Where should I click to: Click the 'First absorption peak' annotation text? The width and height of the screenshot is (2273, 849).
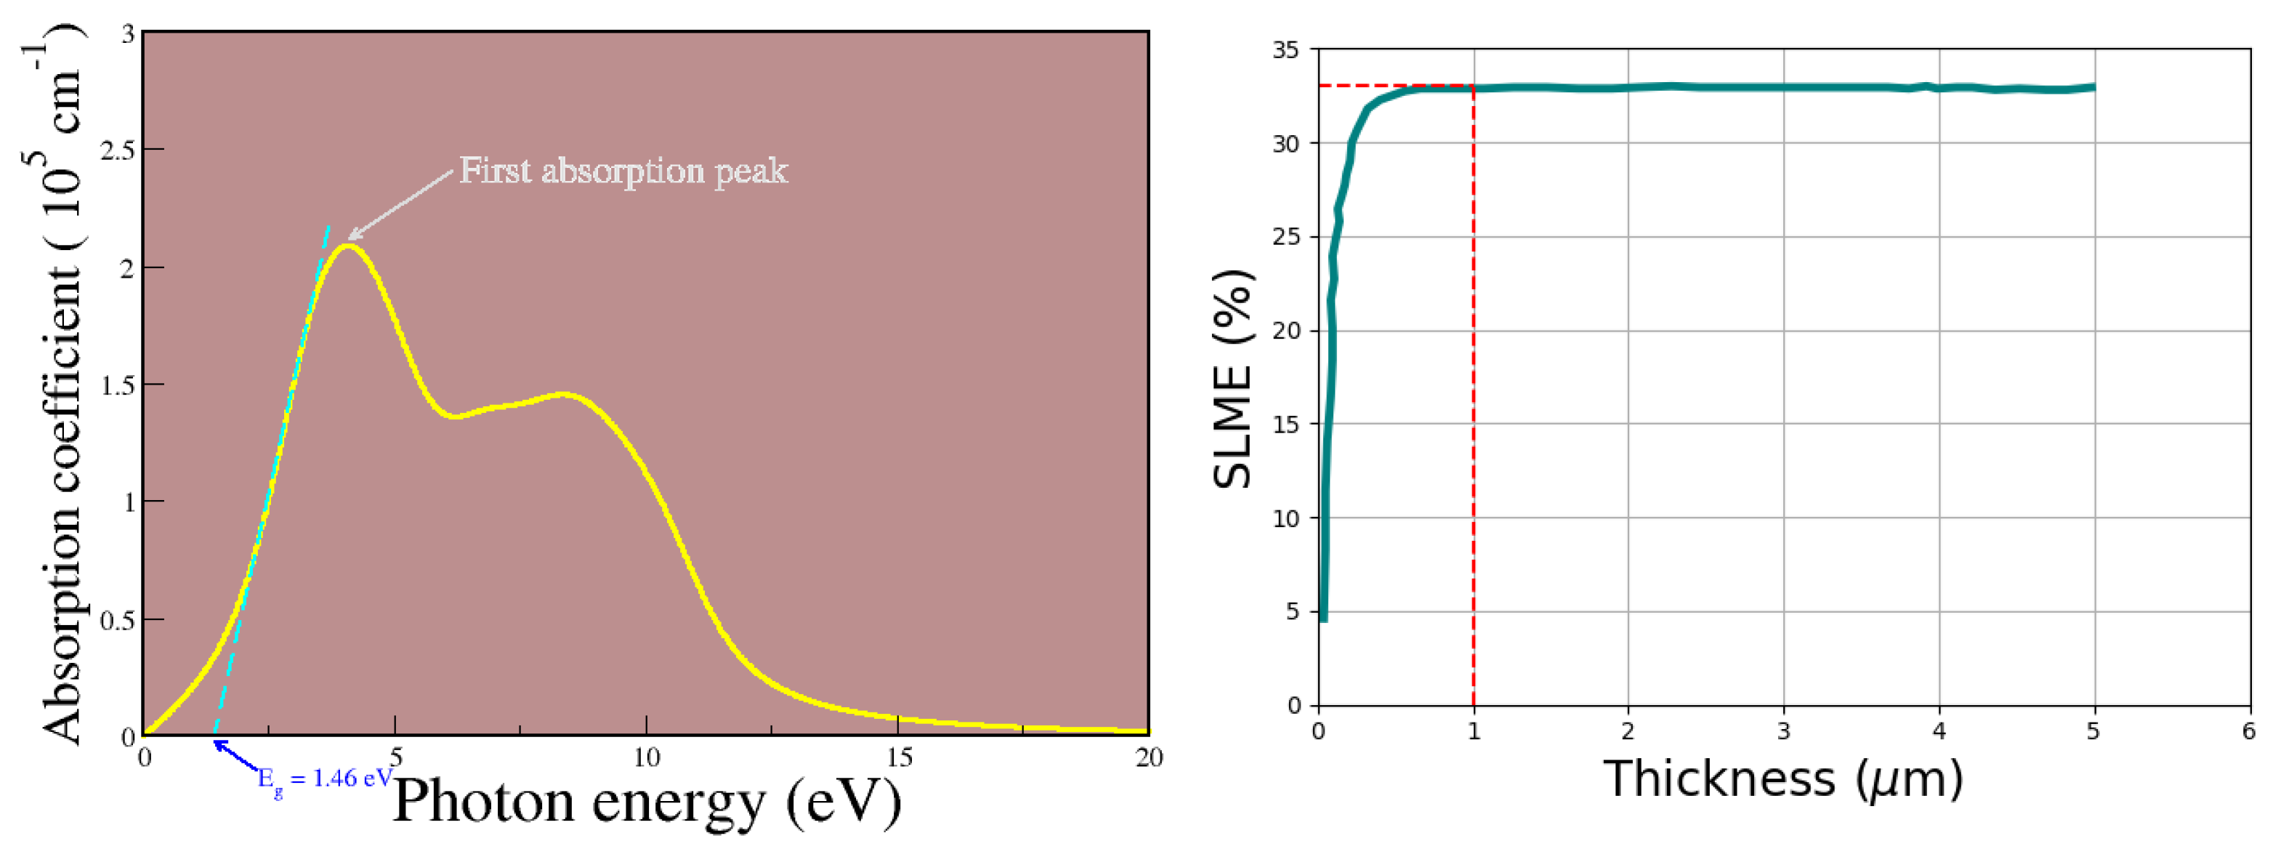[x=623, y=170]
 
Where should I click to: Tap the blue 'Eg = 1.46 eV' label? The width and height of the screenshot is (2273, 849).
[x=326, y=778]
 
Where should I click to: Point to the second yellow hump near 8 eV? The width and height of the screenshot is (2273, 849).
[x=563, y=395]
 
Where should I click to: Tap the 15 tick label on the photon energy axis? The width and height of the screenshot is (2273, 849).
[x=898, y=757]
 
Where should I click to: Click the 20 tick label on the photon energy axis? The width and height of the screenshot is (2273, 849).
[x=1148, y=757]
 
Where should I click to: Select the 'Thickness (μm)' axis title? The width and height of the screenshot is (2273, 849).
[x=1783, y=779]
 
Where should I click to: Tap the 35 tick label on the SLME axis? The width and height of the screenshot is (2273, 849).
[x=1285, y=50]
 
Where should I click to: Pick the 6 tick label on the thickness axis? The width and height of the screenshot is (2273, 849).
[x=2248, y=731]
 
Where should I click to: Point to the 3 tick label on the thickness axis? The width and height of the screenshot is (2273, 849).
[x=1783, y=731]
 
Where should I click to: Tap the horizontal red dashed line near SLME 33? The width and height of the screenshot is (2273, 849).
[x=1394, y=86]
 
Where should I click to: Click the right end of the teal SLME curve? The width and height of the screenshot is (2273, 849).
[x=2093, y=87]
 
